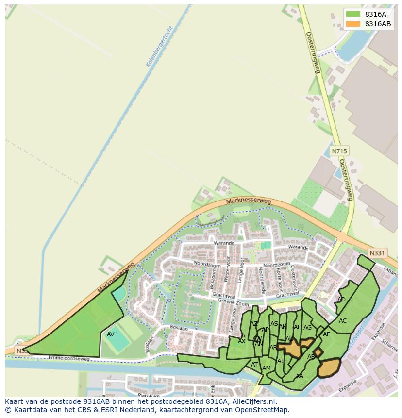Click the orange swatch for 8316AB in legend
353,24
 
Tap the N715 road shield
339,151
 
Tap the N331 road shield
377,253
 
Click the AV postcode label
111,334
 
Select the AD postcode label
341,300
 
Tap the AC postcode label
343,321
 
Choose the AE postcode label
326,334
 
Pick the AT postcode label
254,365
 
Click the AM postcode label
266,368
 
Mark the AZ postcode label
254,323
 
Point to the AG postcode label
307,328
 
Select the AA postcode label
300,376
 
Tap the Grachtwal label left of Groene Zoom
223,297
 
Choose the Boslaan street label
179,329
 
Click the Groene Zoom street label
234,302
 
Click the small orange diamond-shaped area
318,352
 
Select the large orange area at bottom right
329,368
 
